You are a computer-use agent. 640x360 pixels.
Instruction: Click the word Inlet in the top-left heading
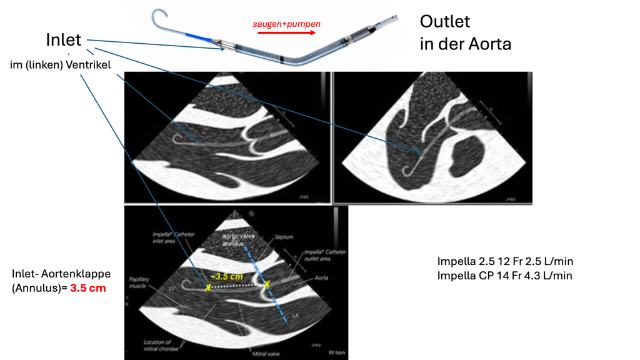[x=64, y=39]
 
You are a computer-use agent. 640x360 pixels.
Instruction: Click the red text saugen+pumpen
[x=286, y=24]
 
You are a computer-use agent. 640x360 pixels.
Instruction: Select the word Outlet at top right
[x=444, y=22]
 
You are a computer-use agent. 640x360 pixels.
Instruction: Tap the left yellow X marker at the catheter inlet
[x=207, y=287]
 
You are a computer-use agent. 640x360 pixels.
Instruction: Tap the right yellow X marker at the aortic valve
[x=267, y=284]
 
